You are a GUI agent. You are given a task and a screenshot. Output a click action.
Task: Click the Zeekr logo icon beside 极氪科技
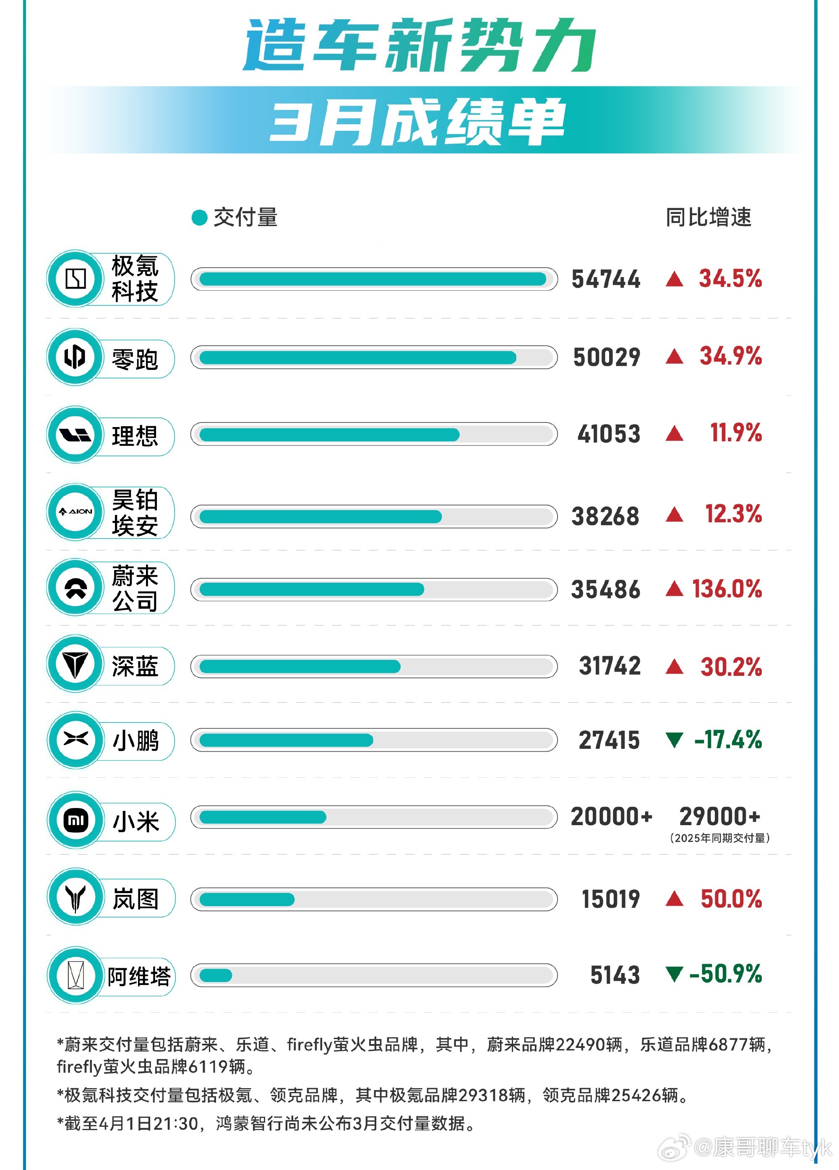(x=76, y=279)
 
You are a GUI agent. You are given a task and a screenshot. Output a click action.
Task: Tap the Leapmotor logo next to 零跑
(x=76, y=357)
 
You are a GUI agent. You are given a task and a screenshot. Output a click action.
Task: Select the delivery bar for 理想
(x=329, y=435)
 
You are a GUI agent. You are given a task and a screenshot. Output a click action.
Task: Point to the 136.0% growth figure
(x=727, y=589)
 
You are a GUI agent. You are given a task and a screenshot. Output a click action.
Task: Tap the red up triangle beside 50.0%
(x=675, y=899)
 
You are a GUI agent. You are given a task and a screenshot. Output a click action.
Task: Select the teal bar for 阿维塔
(x=216, y=975)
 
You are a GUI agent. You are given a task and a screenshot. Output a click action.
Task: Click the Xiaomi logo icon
(x=76, y=820)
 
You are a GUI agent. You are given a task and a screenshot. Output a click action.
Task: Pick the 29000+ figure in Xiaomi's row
(x=719, y=817)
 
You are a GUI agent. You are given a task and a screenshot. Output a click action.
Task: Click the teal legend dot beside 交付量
(x=199, y=218)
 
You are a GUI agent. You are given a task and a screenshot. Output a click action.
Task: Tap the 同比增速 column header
(x=708, y=217)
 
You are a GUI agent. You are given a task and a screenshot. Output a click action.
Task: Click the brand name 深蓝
(x=135, y=667)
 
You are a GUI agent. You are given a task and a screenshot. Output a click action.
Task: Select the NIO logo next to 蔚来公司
(x=76, y=588)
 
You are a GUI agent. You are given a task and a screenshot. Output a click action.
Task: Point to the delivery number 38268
(x=605, y=516)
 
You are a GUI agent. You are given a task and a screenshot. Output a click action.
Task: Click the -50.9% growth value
(x=725, y=974)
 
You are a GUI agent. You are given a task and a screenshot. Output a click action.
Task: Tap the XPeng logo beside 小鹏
(x=76, y=740)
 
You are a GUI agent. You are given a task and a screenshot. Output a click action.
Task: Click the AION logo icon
(x=76, y=512)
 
